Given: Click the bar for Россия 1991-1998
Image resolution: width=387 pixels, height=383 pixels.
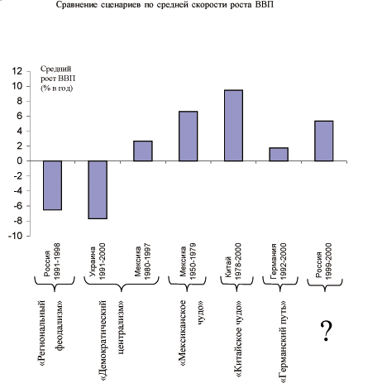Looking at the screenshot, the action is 52,185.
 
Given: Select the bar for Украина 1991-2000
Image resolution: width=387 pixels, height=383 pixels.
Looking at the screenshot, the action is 98,189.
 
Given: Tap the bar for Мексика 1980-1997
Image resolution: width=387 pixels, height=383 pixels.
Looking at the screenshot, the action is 143,151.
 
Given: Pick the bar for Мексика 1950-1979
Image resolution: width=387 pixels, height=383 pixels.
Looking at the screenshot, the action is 189,136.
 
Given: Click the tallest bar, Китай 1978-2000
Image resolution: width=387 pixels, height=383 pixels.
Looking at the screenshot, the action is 233,126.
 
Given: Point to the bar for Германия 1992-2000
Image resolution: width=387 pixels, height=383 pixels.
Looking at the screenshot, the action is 279,154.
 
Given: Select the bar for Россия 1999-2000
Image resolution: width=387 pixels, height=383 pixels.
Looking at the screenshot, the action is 324,141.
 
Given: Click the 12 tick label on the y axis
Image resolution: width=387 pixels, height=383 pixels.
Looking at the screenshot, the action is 17,71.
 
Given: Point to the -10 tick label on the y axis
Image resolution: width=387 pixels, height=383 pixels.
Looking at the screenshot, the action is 15,236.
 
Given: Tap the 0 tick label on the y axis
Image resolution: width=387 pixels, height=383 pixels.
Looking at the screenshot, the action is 19,160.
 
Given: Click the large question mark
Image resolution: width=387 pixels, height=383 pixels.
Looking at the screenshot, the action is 327,331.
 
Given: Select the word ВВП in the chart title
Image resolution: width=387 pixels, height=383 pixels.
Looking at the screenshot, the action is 265,5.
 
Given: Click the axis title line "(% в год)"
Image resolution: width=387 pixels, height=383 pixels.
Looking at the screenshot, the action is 57,89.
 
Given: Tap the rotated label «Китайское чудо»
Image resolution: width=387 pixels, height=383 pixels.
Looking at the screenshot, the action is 237,338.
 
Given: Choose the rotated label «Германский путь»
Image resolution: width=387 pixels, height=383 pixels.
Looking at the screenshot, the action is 283,342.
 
